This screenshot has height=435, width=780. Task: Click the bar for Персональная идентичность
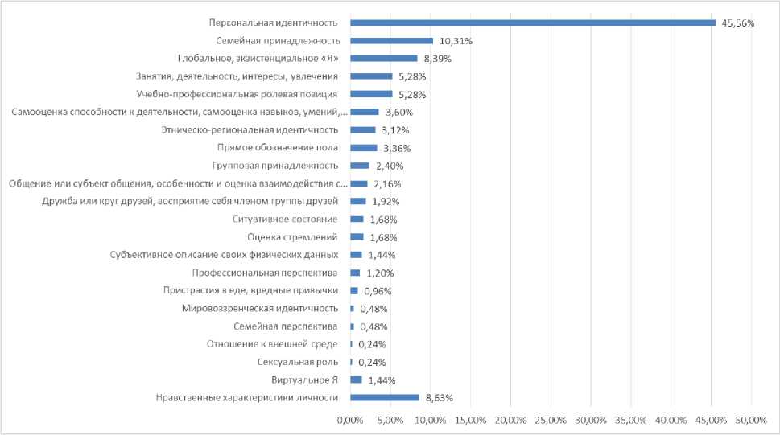tap(531, 23)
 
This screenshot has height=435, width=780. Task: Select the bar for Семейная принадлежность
tap(391, 40)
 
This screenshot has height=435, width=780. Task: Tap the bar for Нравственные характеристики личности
tap(384, 397)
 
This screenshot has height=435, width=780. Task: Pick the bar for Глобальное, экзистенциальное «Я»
tap(383, 58)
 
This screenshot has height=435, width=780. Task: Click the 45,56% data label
tap(738, 23)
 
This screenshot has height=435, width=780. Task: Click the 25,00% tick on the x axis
tap(551, 421)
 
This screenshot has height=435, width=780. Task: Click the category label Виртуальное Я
tap(305, 380)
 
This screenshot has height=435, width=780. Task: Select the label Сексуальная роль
tap(298, 362)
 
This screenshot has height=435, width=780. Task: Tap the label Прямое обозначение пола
tap(278, 147)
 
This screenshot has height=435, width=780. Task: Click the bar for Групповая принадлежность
tap(359, 166)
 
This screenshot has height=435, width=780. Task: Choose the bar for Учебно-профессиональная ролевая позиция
tap(370, 94)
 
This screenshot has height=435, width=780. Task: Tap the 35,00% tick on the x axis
tap(631, 421)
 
